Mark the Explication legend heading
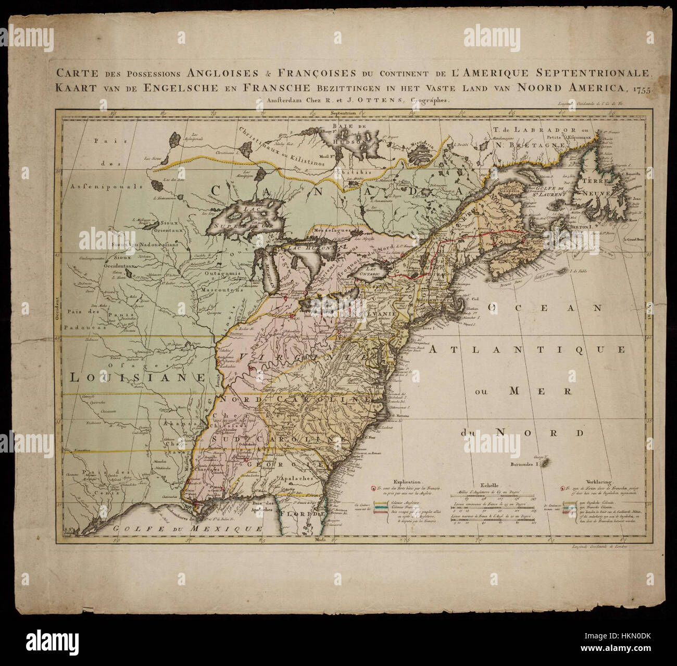click(408, 482)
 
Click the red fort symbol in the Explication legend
click(373, 488)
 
